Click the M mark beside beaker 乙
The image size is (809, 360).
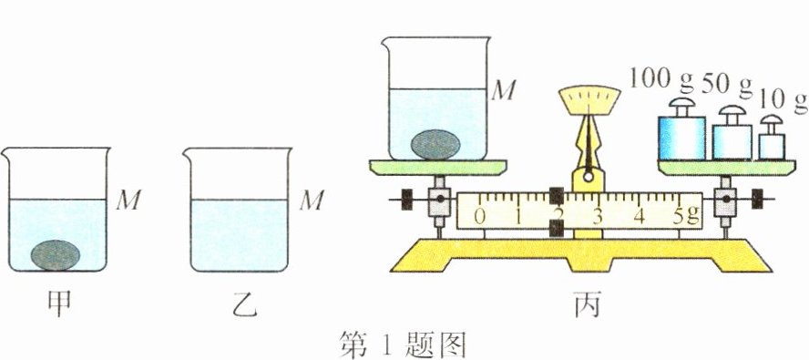[x=313, y=200]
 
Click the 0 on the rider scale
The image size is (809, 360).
[x=480, y=216]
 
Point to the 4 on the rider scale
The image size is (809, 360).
[x=639, y=216]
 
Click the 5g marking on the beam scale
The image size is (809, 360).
[x=682, y=216]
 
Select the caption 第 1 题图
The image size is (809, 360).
[x=402, y=344]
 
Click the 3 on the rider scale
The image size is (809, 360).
[x=599, y=216]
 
